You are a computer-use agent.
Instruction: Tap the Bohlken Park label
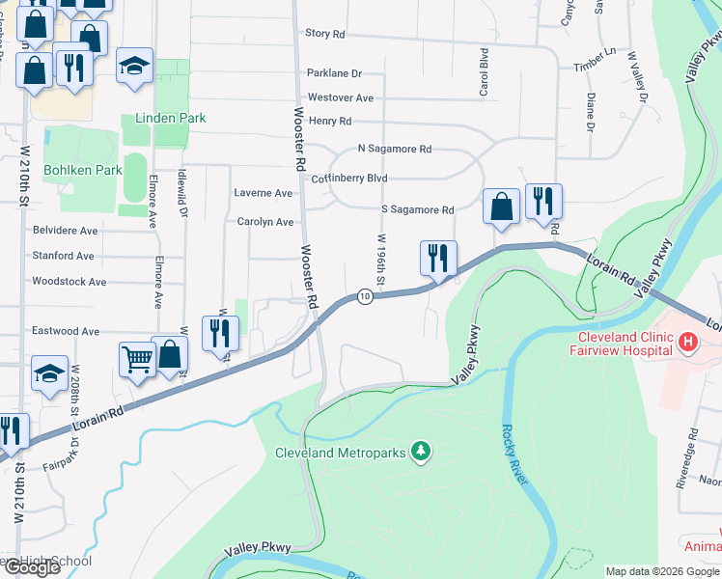tap(89, 170)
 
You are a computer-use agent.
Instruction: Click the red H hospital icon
tap(688, 342)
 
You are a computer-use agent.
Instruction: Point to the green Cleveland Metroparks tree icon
tap(420, 451)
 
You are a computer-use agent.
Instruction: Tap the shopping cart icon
tap(137, 359)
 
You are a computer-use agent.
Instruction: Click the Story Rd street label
tap(325, 33)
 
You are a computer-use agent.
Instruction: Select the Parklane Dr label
tap(334, 73)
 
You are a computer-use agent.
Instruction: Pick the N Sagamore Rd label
tap(394, 150)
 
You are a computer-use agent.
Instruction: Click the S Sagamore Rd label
tap(417, 209)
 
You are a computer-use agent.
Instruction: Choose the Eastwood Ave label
tap(66, 331)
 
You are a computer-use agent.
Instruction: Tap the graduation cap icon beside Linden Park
tap(134, 66)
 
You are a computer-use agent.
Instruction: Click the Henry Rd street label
tap(330, 122)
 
